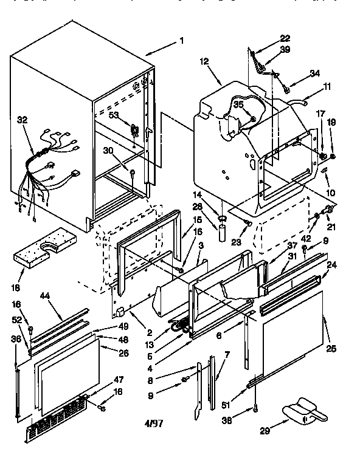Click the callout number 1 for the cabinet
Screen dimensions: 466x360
pos(181,41)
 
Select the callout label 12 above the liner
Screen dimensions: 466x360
pos(204,61)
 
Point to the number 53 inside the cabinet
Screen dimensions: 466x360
pos(114,115)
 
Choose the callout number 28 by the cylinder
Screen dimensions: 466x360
pos(213,207)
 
